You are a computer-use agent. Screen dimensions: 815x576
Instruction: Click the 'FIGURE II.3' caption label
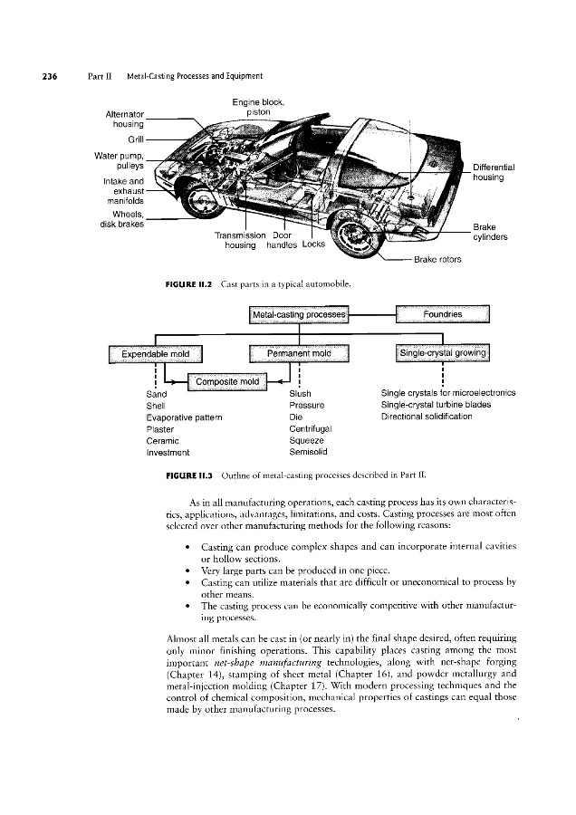tap(187, 474)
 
